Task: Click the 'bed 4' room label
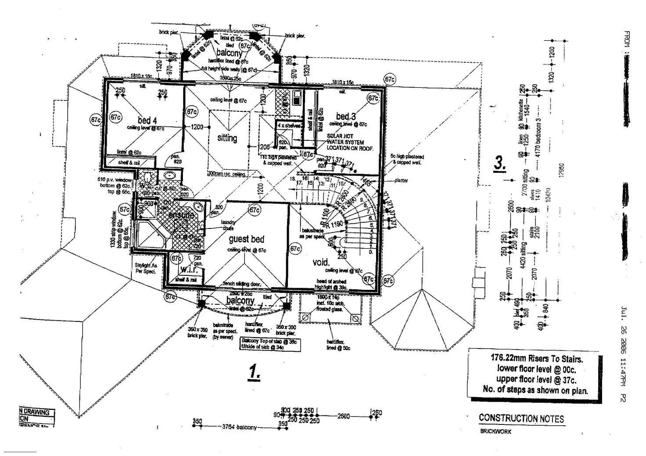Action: tap(147, 120)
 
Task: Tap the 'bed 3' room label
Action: tap(346, 116)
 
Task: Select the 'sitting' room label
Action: tap(227, 138)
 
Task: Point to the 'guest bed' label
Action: tap(246, 239)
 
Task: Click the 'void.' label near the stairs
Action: tap(321, 262)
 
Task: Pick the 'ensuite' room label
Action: tap(181, 215)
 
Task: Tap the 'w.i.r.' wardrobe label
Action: tap(189, 270)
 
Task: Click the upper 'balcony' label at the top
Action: tap(229, 53)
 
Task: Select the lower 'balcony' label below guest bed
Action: tap(240, 301)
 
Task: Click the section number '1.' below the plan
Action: tap(254, 372)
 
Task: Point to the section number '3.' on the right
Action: tap(499, 163)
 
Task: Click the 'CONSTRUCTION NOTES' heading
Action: tap(521, 419)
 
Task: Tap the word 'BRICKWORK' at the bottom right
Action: tap(495, 431)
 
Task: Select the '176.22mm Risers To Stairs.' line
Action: tap(536, 358)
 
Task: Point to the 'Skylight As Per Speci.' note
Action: tap(146, 268)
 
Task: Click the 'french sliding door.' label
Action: tap(242, 284)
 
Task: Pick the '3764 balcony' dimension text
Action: tap(239, 427)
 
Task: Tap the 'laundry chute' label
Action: tap(228, 225)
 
